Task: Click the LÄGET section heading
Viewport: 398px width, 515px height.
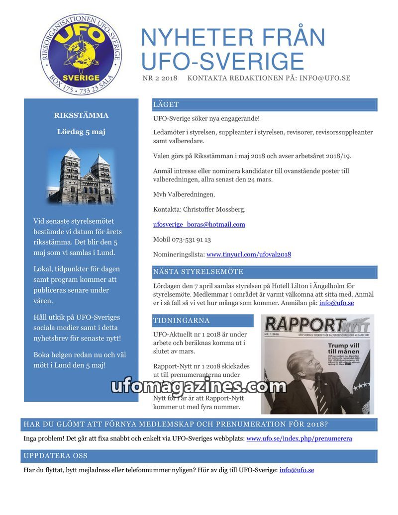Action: point(166,105)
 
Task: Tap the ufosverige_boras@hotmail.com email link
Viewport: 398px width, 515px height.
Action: point(199,224)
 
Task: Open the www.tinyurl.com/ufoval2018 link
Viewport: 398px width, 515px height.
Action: point(249,254)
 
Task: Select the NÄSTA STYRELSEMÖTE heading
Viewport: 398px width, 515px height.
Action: point(198,272)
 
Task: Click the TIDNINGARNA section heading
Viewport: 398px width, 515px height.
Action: point(182,321)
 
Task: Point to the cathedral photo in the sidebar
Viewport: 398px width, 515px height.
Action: point(82,176)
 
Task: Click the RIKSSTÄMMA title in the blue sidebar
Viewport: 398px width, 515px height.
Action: point(81,115)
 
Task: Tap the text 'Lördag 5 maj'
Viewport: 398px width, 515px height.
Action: point(81,132)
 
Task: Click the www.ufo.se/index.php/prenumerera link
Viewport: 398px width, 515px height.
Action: point(299,438)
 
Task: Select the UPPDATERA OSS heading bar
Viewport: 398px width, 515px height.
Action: point(56,456)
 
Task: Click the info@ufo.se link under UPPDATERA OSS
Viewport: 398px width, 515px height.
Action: point(297,470)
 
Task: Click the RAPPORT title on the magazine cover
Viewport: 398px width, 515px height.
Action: point(300,325)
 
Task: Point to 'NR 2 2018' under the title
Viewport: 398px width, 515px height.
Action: point(160,78)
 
